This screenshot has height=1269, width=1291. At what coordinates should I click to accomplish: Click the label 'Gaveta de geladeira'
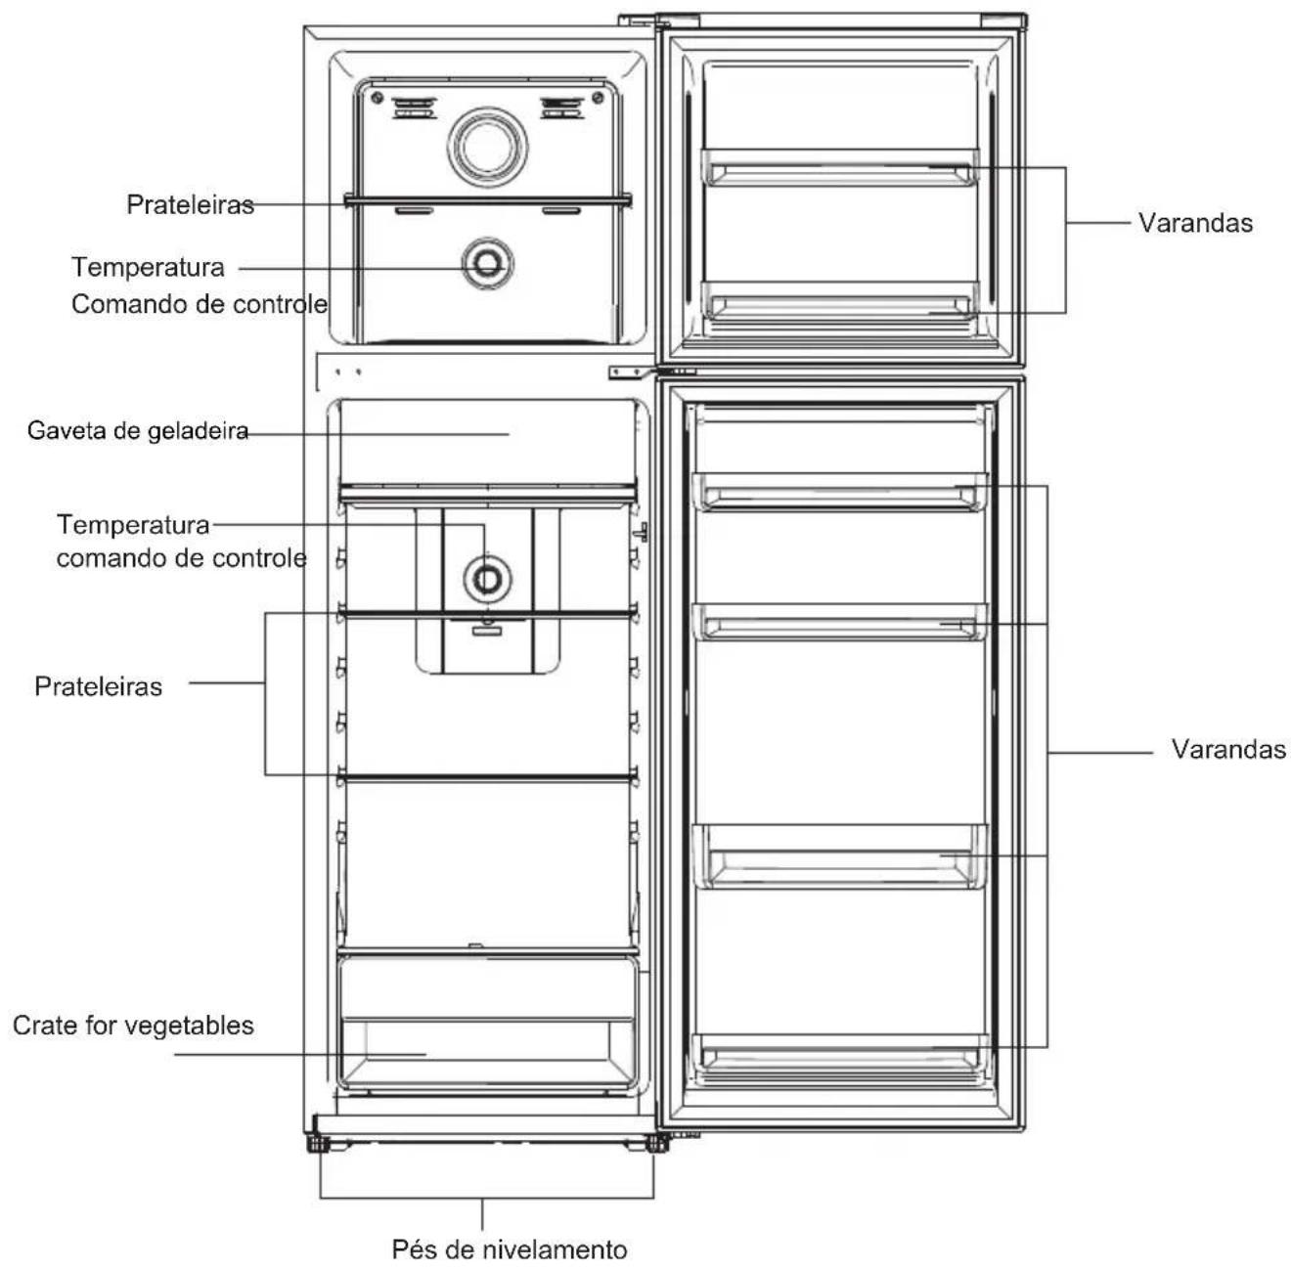pos(138,431)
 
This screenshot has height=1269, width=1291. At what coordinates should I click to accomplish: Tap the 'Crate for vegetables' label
pos(133,1026)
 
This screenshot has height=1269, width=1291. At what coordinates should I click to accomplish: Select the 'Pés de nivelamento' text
pos(510,1249)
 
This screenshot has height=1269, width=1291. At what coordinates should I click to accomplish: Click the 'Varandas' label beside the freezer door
pos(1195,223)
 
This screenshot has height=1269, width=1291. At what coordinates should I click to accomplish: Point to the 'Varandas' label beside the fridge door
pos(1228,749)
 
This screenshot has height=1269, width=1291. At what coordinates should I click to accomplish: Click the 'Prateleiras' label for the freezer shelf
pos(191,204)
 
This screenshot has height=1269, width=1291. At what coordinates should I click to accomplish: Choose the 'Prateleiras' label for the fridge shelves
pos(99,686)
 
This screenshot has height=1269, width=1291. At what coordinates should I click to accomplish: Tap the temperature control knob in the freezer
pos(488,264)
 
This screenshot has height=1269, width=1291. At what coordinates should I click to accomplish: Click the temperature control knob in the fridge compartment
pos(487,579)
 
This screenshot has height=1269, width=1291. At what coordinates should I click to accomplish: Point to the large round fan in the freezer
pos(488,148)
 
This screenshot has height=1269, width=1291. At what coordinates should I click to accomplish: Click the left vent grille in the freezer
pos(414,108)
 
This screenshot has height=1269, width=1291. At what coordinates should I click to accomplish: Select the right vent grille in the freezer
pos(562,108)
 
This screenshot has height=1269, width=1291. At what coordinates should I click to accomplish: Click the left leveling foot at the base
pos(318,1142)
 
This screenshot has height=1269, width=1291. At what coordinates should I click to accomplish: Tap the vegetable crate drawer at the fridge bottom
pos(487,1026)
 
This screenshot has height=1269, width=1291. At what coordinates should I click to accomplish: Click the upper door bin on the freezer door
pos(839,167)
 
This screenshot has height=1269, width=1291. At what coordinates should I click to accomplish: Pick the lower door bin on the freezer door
pos(839,300)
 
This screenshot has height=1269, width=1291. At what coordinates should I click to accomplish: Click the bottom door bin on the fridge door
pos(839,1052)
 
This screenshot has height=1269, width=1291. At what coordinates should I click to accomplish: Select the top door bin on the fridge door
pos(839,492)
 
